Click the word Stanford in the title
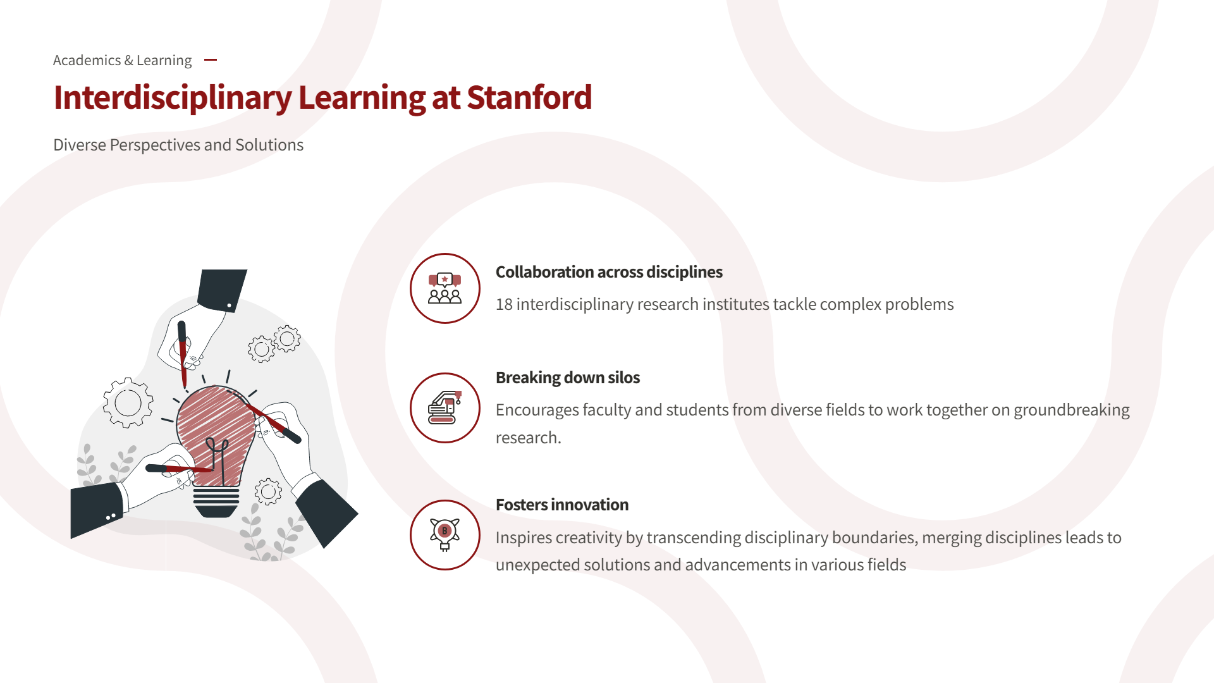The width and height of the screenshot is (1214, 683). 529,97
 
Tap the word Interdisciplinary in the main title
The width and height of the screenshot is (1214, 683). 173,99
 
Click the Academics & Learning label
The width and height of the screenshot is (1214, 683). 122,60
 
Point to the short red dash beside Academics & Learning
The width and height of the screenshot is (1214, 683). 211,60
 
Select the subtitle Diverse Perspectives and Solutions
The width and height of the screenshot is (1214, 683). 178,145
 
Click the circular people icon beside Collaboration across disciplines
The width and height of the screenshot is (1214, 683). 445,288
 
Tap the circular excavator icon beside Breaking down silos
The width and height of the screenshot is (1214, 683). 445,408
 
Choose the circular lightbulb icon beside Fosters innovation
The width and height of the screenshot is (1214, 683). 445,535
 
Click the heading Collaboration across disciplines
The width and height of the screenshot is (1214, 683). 609,272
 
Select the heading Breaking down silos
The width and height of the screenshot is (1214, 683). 568,378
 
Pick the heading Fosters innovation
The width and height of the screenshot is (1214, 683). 562,505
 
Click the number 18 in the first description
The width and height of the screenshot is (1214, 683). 504,304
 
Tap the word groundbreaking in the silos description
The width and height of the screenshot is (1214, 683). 1072,410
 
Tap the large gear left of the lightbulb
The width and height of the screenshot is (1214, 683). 128,403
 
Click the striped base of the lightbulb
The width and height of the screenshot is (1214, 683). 216,501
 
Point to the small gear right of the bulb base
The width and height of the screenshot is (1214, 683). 268,491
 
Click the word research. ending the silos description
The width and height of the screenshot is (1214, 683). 528,438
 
